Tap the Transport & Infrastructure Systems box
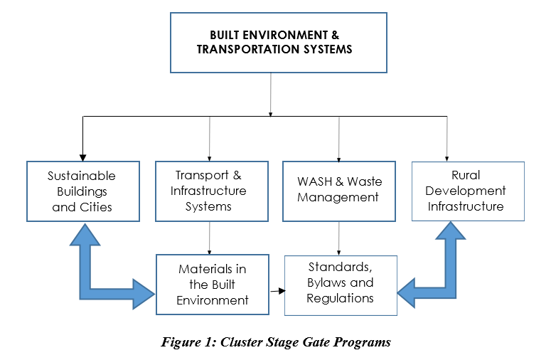point(212,191)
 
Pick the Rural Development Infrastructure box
point(467,191)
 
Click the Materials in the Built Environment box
point(212,284)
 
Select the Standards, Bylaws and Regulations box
point(340,285)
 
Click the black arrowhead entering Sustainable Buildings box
point(83,157)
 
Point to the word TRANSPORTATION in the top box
point(242,50)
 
